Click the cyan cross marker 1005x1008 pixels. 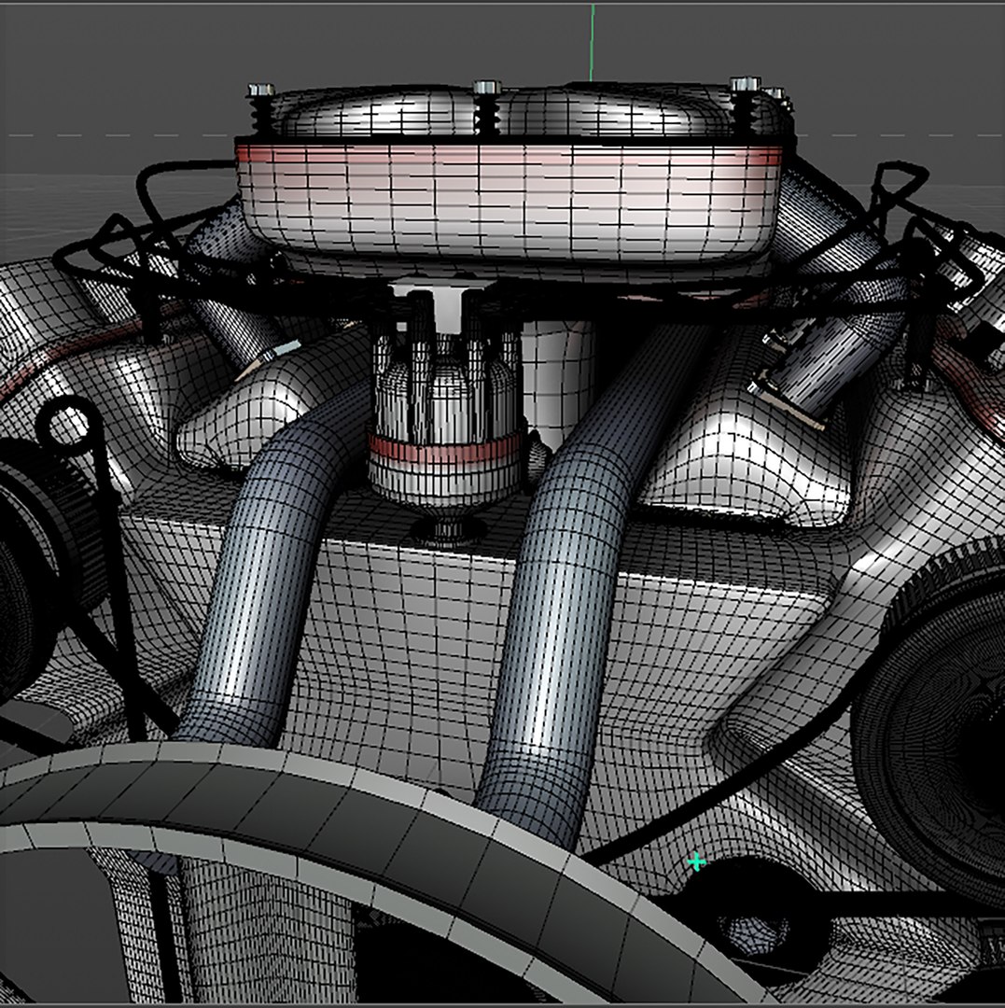[695, 861]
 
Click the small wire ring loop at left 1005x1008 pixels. [68, 425]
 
